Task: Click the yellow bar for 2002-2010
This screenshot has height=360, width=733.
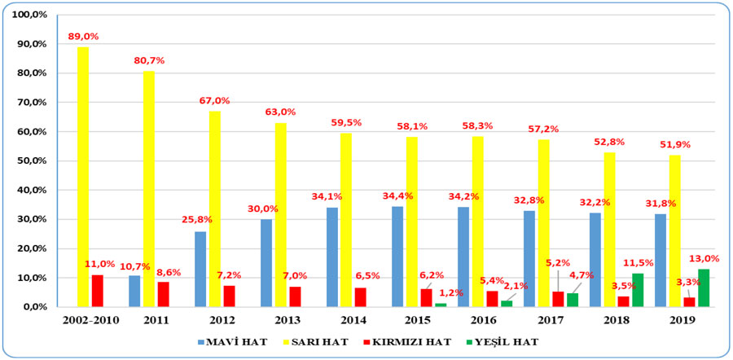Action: (x=83, y=178)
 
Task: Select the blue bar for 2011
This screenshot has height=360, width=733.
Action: (x=134, y=292)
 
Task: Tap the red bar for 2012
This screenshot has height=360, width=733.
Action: (x=229, y=296)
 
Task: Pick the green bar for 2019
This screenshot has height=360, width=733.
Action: (x=704, y=288)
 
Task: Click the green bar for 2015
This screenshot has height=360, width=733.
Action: (x=441, y=305)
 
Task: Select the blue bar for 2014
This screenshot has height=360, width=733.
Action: (x=332, y=257)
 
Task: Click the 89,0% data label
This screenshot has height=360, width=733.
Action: (x=83, y=37)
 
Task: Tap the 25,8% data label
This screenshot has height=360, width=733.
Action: (x=197, y=219)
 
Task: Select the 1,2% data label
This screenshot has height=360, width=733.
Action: (x=450, y=293)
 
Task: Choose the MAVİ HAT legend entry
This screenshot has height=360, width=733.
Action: (x=232, y=342)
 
